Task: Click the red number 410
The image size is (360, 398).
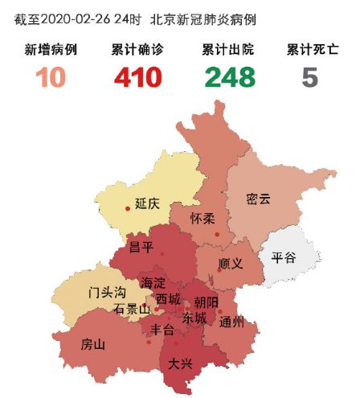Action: (x=137, y=78)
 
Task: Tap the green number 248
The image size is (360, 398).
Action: (x=229, y=78)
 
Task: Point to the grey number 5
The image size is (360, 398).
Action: (x=310, y=78)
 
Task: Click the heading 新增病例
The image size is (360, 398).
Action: (x=51, y=51)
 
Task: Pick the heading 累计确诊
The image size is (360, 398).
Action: (x=137, y=51)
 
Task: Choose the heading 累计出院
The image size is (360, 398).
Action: (x=229, y=51)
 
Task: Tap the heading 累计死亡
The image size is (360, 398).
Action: (x=310, y=51)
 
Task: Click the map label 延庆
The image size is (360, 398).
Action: (x=148, y=204)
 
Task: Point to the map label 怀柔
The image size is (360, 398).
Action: (x=202, y=219)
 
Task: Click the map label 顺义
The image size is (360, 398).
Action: (x=231, y=263)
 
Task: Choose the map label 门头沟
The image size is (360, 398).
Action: (x=107, y=292)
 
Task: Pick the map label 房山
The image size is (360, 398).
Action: (x=93, y=345)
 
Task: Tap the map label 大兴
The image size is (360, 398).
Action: (x=180, y=364)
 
